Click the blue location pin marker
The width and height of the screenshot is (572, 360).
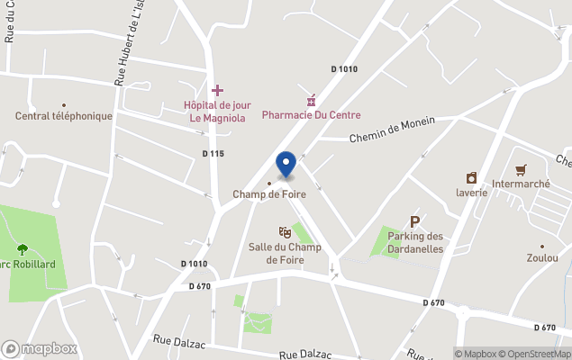(286, 164)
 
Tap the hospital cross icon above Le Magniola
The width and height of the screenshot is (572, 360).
(217, 91)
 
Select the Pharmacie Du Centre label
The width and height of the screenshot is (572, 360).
(311, 114)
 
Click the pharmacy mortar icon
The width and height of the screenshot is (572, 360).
(311, 99)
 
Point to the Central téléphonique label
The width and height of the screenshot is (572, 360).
(64, 116)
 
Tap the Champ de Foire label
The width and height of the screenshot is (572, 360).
(268, 194)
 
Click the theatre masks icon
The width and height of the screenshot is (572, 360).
(285, 232)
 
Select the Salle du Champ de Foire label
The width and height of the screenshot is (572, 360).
(285, 253)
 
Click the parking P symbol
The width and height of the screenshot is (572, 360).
(415, 220)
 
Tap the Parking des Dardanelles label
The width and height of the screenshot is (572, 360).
(415, 242)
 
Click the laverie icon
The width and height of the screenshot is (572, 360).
(471, 177)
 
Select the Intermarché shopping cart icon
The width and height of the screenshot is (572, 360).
(521, 170)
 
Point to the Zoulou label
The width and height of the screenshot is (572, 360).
(542, 257)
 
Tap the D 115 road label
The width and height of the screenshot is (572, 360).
(213, 154)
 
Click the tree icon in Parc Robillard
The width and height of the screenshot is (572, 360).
(23, 249)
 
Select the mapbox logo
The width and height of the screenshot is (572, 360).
(40, 348)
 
